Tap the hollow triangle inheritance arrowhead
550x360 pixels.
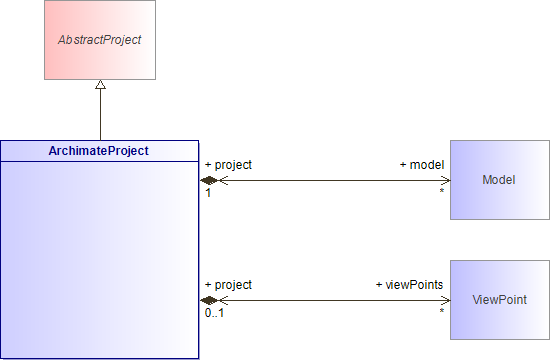tap(99, 87)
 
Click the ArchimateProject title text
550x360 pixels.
tap(99, 151)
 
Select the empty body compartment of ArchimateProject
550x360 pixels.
tap(99, 259)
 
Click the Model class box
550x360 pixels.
tap(499, 180)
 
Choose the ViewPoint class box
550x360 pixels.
tap(499, 300)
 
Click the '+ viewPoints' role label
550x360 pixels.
tap(409, 285)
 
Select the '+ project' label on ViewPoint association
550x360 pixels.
tap(228, 285)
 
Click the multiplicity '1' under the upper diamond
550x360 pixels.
tap(208, 193)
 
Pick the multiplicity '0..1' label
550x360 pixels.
tap(214, 313)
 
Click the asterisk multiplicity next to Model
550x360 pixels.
tap(441, 192)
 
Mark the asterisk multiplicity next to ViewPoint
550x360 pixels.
tap(441, 312)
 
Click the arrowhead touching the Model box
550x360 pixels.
tap(444, 180)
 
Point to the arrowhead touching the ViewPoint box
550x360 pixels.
tap(444, 300)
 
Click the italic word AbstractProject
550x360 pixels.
tap(99, 41)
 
